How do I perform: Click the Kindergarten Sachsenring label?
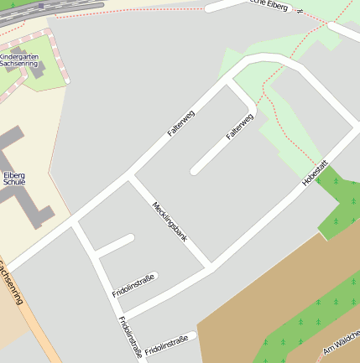point(18,60)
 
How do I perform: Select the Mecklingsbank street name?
point(170,222)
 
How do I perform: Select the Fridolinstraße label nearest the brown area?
point(166,344)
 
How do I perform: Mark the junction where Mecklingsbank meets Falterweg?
point(130,177)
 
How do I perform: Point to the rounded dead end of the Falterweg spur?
point(195,171)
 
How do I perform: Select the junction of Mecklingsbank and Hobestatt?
point(209,267)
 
